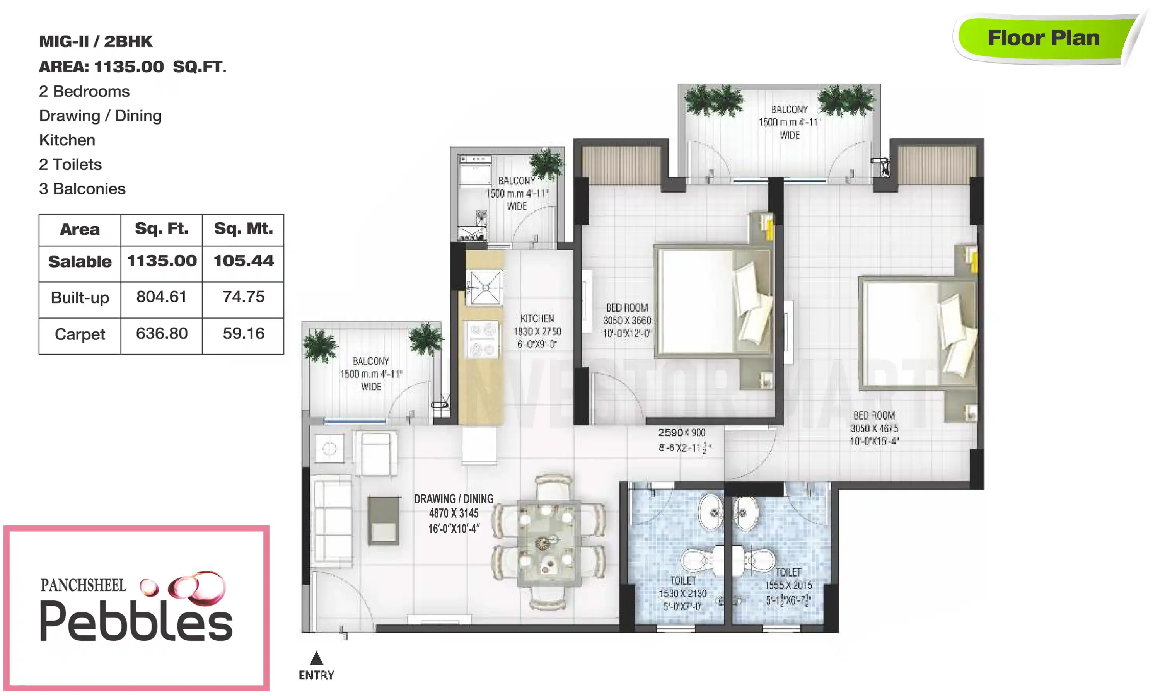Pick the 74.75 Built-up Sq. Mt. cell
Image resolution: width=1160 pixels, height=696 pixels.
pyautogui.click(x=243, y=297)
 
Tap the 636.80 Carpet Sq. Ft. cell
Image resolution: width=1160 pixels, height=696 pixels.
pyautogui.click(x=161, y=333)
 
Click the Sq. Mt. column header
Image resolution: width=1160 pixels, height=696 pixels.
pyautogui.click(x=243, y=229)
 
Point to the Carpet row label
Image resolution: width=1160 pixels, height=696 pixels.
pyautogui.click(x=80, y=334)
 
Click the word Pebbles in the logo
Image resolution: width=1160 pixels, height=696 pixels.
pyautogui.click(x=136, y=621)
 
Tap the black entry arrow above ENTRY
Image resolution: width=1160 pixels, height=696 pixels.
pyautogui.click(x=317, y=658)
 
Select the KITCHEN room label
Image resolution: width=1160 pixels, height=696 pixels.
pyautogui.click(x=537, y=319)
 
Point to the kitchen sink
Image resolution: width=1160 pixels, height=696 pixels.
pyautogui.click(x=485, y=287)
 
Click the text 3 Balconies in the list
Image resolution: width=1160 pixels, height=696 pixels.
pyautogui.click(x=82, y=189)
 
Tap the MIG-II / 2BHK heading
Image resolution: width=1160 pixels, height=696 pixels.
pyautogui.click(x=96, y=41)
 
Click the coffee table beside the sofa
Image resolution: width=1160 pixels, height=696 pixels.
pyautogui.click(x=383, y=520)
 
